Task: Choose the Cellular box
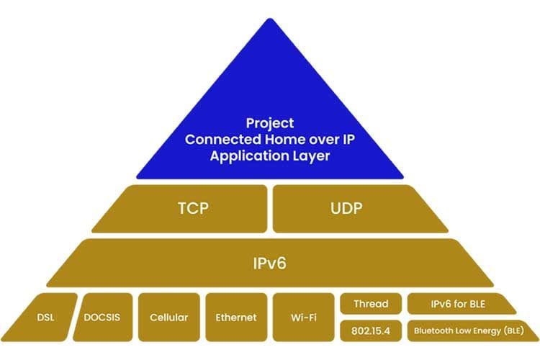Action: pos(168,317)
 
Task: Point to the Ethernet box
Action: pos(236,317)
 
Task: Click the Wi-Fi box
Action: pos(303,317)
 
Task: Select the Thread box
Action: pos(370,304)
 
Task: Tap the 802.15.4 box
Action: pos(370,331)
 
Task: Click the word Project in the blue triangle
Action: pos(269,123)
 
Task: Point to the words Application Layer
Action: pos(269,156)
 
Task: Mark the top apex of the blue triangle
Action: pos(270,19)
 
